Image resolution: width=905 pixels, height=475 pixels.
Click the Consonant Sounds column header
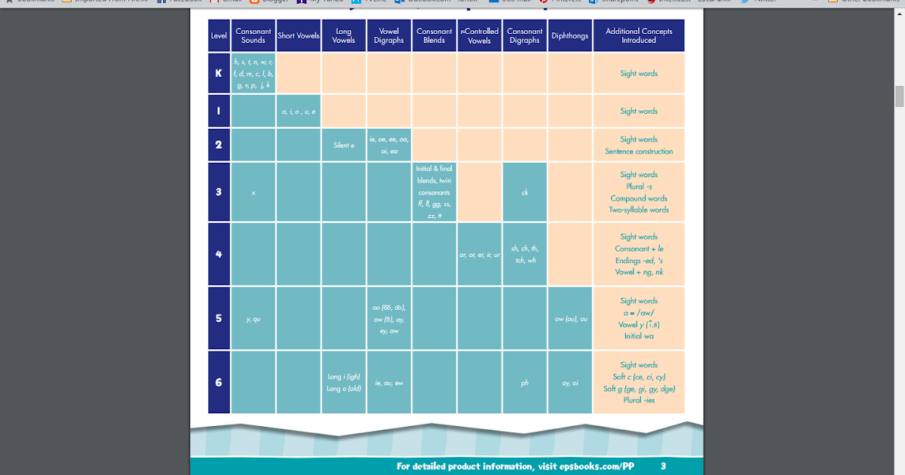(253, 35)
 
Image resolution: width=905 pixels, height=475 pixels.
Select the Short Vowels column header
(299, 35)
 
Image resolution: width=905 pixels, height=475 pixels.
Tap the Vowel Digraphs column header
(389, 35)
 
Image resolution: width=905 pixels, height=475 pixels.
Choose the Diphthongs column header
(569, 35)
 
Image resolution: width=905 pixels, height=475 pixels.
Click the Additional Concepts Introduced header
(639, 35)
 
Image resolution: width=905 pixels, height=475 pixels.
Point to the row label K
(219, 73)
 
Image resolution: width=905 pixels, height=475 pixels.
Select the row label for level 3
(219, 192)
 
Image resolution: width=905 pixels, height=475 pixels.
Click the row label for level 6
(219, 382)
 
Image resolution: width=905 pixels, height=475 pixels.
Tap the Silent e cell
(344, 145)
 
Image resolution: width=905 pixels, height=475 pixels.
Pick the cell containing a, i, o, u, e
(299, 111)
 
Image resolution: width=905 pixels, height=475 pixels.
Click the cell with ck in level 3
(525, 192)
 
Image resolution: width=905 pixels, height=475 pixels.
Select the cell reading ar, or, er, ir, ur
(480, 255)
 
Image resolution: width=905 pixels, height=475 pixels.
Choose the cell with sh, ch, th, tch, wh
(525, 254)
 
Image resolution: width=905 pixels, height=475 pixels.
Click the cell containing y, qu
(253, 319)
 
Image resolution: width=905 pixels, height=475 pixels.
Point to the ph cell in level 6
(525, 383)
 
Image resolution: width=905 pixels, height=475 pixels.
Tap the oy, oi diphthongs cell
(570, 383)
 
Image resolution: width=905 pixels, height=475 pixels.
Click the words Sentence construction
(639, 152)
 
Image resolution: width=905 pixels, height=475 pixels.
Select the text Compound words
(639, 198)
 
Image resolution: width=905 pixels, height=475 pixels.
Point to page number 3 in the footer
(663, 466)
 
